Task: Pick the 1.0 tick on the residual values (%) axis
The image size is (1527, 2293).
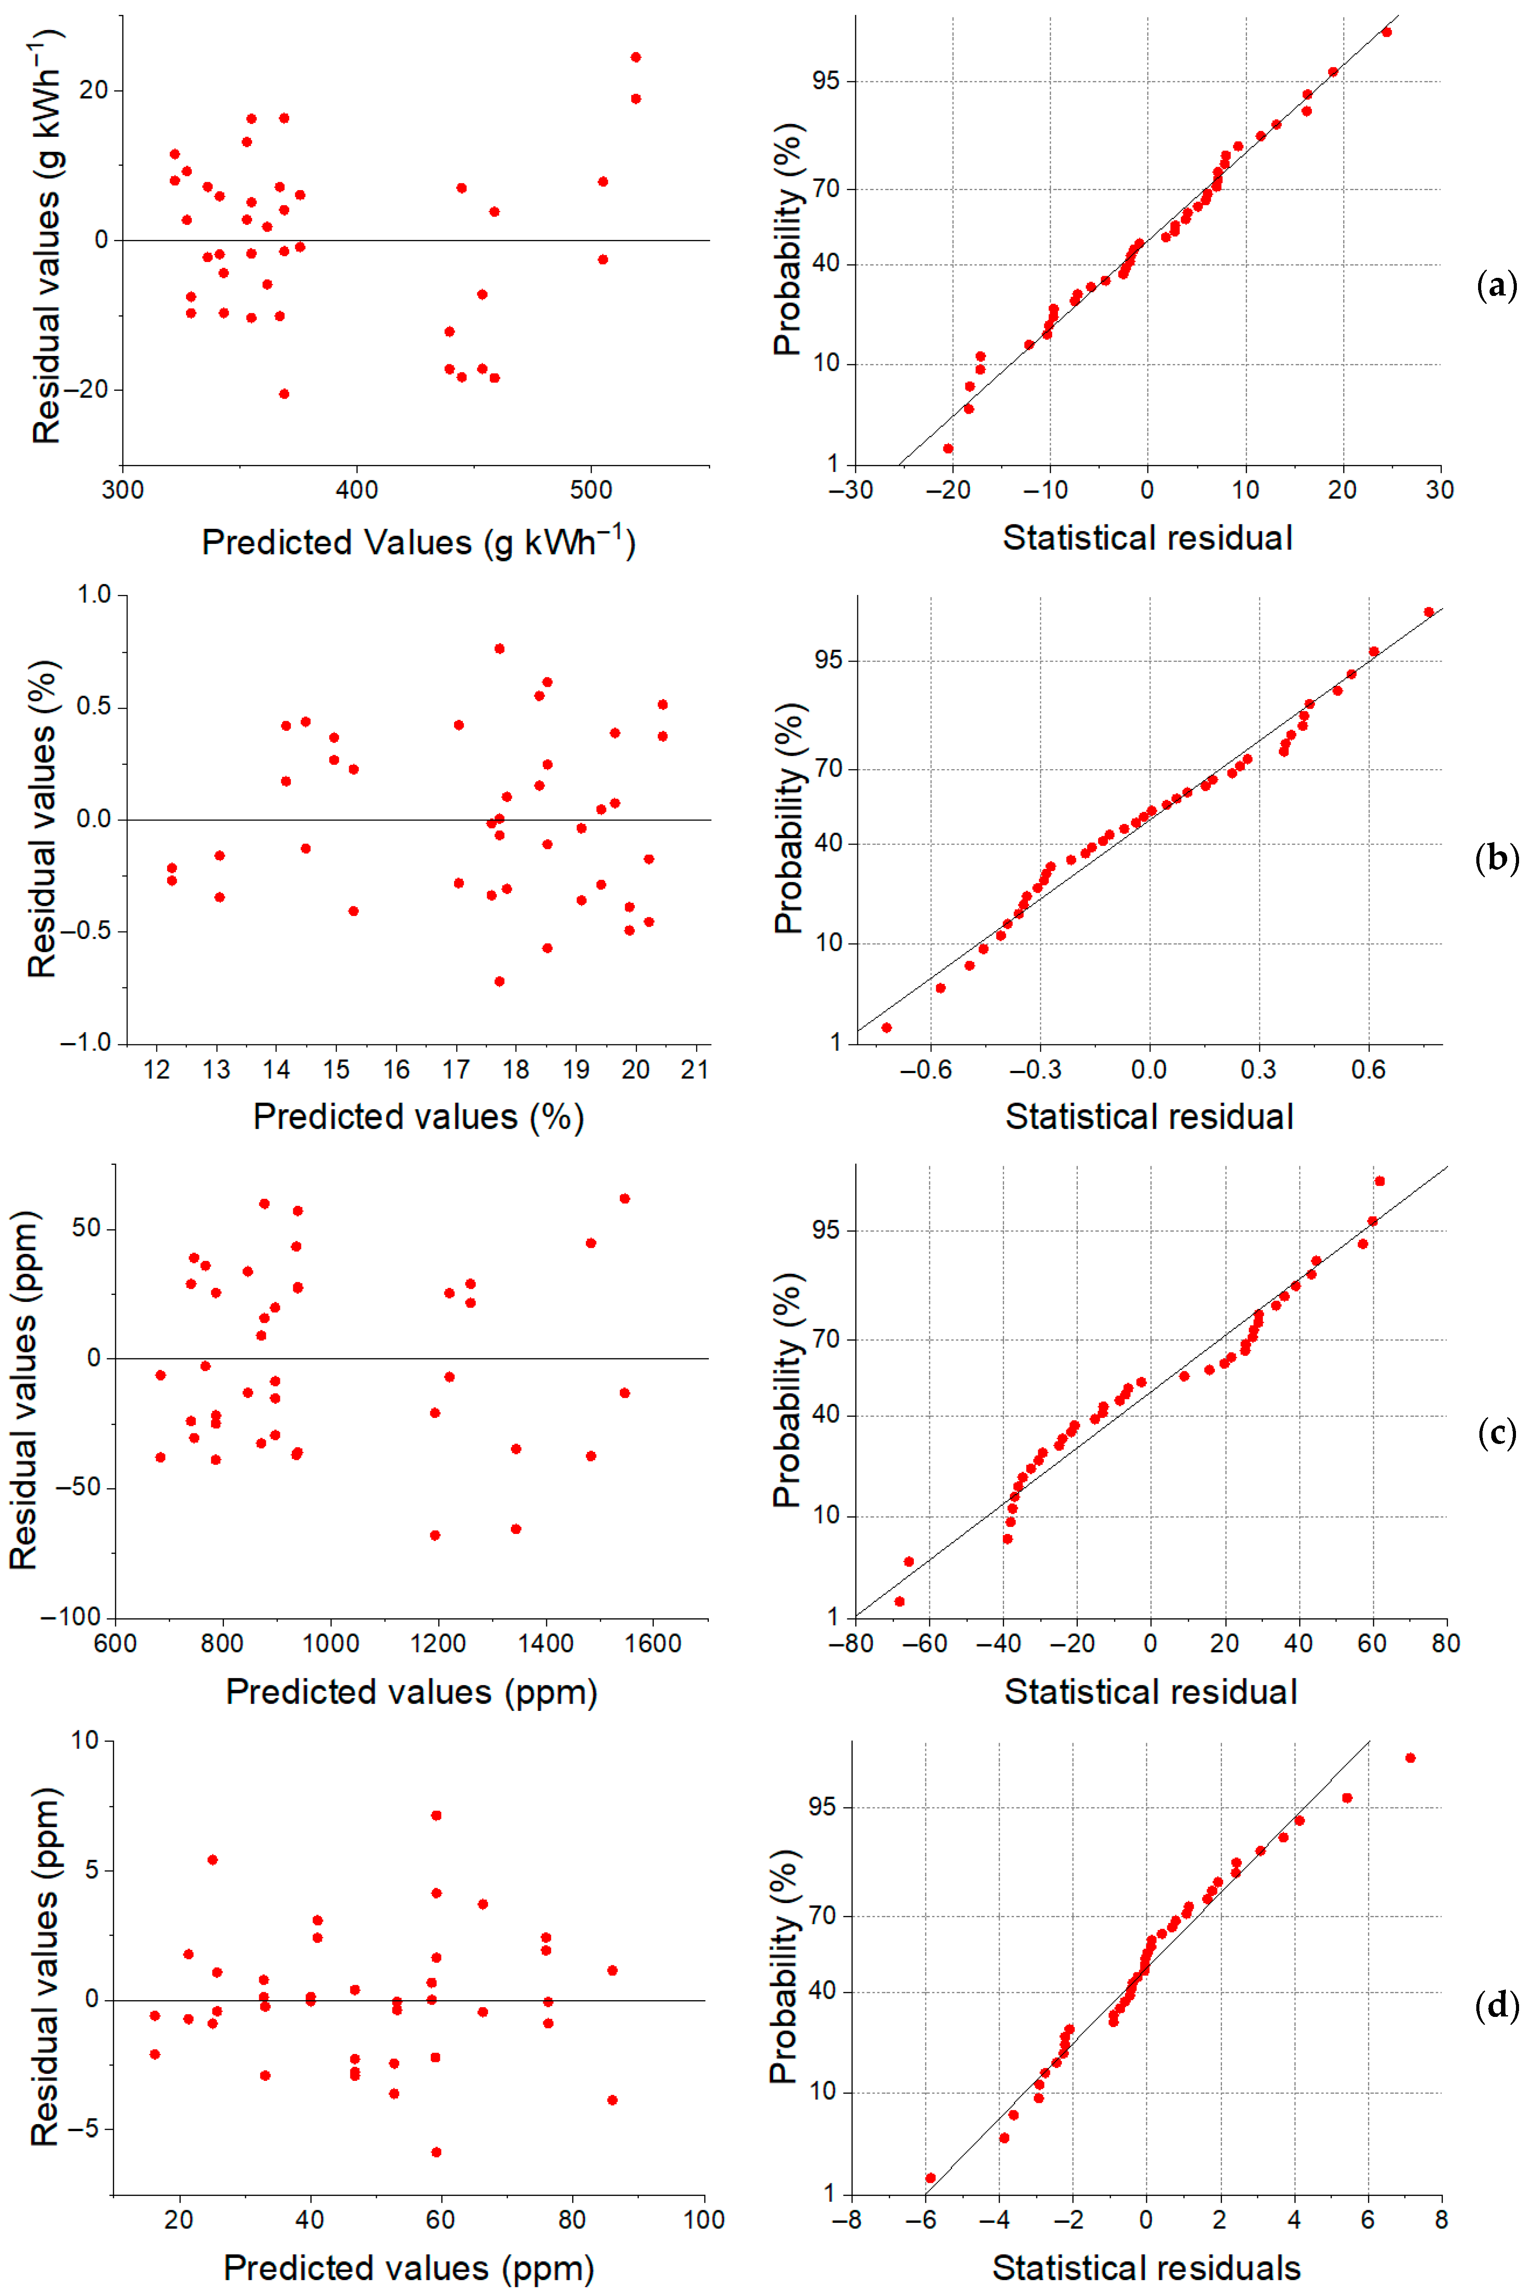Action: click(94, 594)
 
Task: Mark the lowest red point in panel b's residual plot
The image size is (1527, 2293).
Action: click(499, 981)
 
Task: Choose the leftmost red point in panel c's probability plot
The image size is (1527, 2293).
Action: click(900, 1601)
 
